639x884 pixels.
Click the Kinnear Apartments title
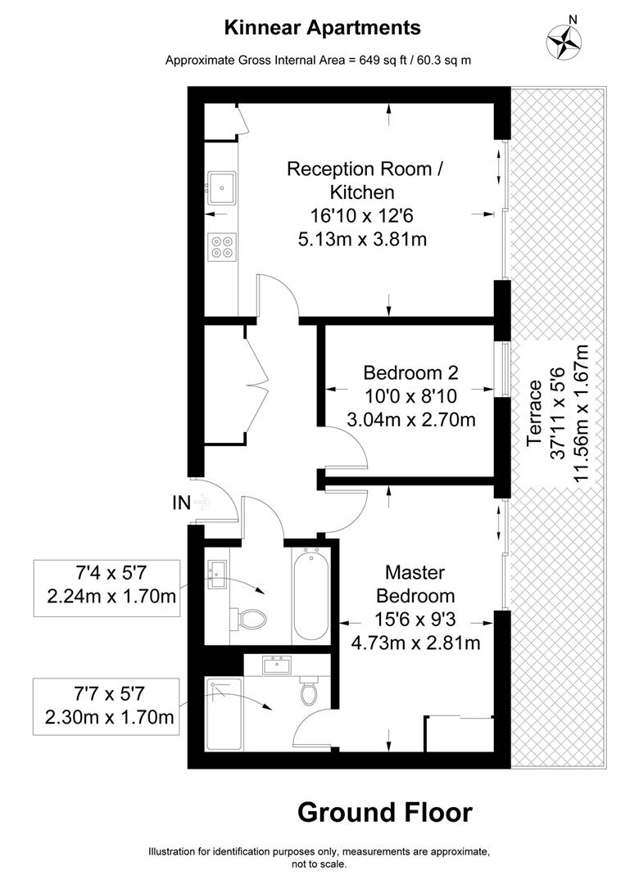click(323, 28)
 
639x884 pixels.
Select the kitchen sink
click(222, 187)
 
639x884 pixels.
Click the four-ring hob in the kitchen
click(222, 246)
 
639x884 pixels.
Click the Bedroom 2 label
click(410, 373)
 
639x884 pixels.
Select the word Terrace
click(536, 413)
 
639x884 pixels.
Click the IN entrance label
click(182, 503)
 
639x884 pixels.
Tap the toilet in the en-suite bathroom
click(309, 692)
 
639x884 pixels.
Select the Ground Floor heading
click(384, 813)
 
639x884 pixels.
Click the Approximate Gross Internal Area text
click(318, 60)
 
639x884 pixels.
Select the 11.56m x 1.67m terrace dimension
click(582, 413)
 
